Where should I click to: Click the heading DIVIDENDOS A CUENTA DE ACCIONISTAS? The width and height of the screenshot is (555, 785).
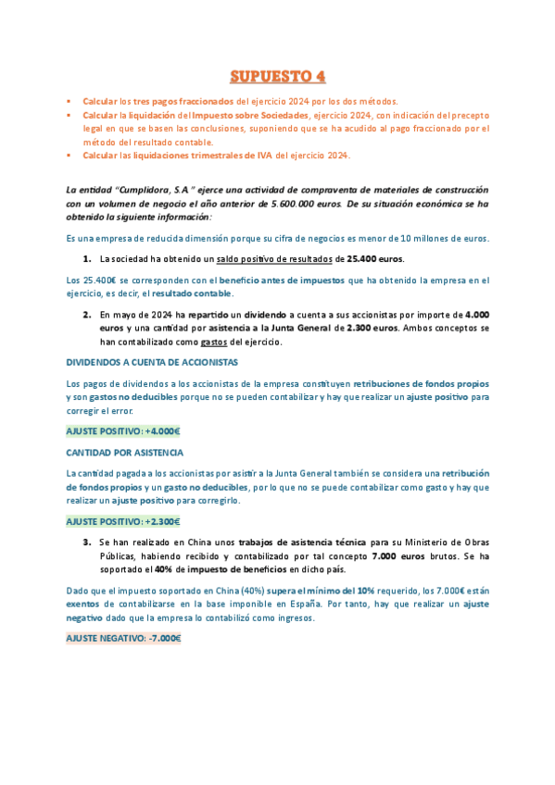[152, 362]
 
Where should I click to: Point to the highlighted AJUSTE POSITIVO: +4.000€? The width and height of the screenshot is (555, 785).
[123, 430]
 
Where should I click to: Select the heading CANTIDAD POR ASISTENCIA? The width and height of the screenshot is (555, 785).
[124, 453]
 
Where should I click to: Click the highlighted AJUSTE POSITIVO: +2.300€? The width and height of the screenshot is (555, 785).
[123, 521]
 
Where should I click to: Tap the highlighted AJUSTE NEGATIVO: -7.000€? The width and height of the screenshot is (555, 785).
[123, 638]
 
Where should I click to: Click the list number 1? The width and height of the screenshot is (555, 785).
[87, 258]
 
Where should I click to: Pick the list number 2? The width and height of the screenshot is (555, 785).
[87, 315]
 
